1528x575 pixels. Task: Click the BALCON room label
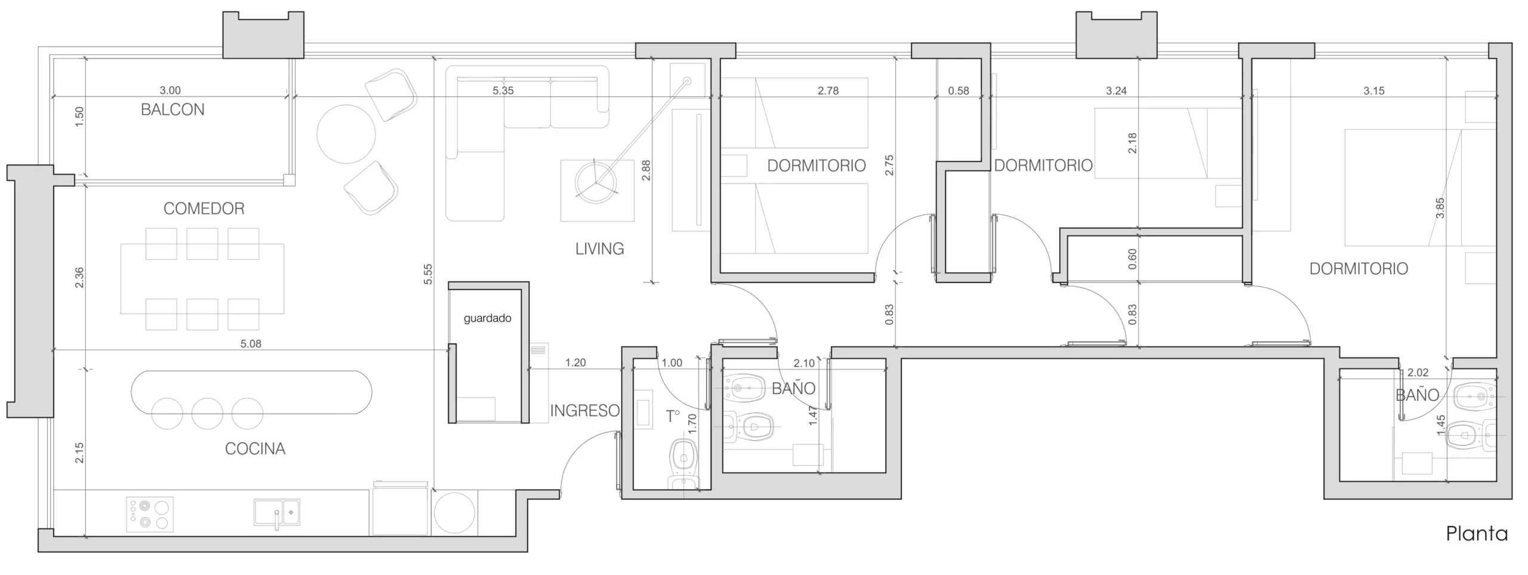(172, 110)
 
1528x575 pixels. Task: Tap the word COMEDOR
(204, 208)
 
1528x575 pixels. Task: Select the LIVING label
(600, 249)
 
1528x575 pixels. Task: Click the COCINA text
(255, 449)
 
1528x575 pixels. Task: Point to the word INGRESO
(585, 411)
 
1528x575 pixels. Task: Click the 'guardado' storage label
(488, 318)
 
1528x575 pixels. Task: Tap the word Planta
(1477, 533)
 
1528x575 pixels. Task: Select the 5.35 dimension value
(503, 91)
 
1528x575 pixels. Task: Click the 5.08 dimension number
(251, 344)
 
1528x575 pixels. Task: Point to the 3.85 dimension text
(1440, 208)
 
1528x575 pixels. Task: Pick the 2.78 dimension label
(828, 91)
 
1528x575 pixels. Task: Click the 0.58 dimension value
(959, 91)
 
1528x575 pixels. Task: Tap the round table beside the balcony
(346, 134)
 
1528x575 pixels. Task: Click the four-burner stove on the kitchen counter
(150, 515)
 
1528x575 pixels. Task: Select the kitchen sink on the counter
(277, 513)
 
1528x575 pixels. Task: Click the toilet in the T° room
(683, 466)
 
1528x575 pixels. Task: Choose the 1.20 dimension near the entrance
(575, 362)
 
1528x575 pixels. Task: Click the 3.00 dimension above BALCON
(170, 91)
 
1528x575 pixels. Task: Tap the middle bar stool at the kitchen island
(207, 413)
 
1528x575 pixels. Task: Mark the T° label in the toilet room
(673, 416)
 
